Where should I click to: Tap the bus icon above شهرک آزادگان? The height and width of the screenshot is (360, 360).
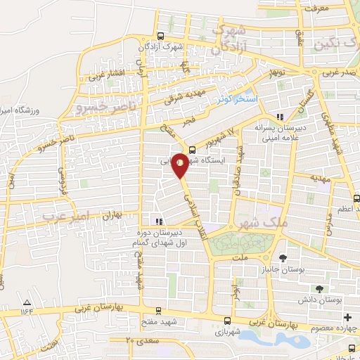coord(161,36)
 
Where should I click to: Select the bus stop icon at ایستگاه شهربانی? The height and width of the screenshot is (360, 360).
coord(193,148)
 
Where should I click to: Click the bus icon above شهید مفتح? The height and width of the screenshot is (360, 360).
coord(157,310)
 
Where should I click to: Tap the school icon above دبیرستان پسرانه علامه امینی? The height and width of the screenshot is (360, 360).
coord(281,117)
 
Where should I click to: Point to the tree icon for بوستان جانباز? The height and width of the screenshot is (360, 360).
coord(283,258)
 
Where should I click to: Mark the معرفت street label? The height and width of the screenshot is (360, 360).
coord(315,9)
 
